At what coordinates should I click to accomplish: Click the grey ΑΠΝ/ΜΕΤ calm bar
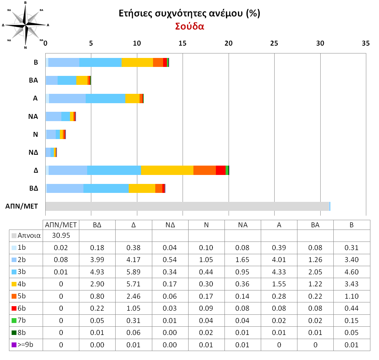click(187, 206)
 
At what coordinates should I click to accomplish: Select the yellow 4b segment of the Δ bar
click(167, 170)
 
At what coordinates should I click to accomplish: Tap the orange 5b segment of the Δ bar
click(205, 170)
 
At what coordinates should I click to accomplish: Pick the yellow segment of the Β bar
click(137, 62)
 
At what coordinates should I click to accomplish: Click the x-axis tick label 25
click(274, 43)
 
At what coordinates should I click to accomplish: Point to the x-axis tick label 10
click(137, 43)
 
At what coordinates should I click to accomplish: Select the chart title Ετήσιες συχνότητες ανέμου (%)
click(189, 14)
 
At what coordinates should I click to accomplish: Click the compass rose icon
click(25, 25)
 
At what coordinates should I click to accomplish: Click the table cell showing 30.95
click(61, 236)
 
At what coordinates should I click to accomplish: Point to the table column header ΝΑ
click(243, 225)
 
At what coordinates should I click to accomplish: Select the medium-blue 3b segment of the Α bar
click(106, 98)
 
